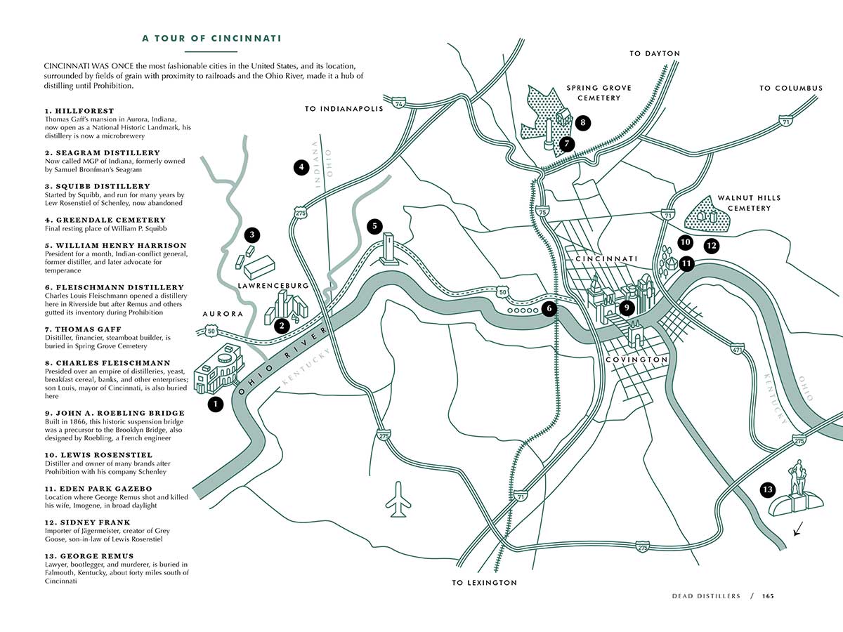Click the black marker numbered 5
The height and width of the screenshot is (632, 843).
point(375,226)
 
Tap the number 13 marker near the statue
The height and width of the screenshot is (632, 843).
point(768,489)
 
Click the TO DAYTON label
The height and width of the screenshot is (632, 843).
point(655,53)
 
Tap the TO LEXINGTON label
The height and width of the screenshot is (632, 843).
point(484,583)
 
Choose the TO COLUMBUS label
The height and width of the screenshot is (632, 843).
point(790,88)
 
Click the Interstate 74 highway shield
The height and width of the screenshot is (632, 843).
point(399,104)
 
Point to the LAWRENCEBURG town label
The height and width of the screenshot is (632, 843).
point(273,286)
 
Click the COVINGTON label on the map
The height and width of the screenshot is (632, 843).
point(636,360)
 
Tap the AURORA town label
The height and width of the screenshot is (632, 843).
point(223,314)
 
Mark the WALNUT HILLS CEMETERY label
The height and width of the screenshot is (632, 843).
point(749,203)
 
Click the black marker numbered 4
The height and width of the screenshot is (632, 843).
point(301,167)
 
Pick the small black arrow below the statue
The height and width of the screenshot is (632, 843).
point(797,531)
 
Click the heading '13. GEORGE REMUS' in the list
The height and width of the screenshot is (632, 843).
point(89,556)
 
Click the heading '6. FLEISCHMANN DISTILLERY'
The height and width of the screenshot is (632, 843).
point(115,287)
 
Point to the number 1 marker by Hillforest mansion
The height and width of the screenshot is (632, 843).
point(215,404)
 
